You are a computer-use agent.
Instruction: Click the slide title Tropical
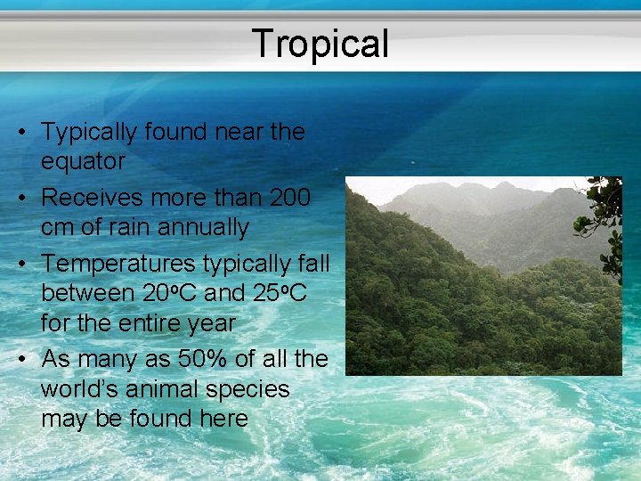[320, 43]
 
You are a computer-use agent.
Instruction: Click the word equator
[83, 162]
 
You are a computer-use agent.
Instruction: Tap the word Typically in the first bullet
[93, 132]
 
